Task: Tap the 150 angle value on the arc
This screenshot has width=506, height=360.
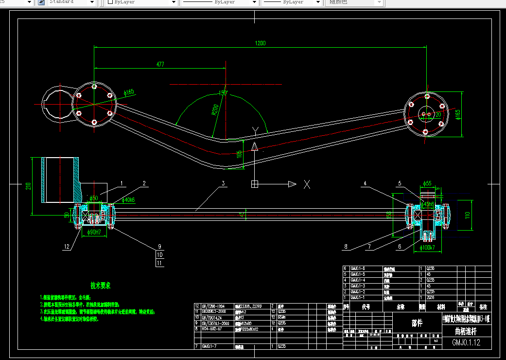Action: coord(223,92)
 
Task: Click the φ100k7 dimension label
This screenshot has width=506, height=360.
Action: coord(428,248)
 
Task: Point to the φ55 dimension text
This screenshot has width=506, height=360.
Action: coord(428,183)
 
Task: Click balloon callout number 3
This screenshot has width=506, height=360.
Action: coord(223,183)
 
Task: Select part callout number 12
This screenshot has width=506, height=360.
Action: coord(67,247)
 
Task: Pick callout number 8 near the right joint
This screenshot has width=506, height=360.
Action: coord(346,247)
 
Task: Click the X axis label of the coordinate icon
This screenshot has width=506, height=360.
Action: coord(307,184)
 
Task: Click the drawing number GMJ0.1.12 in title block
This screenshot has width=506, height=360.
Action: coord(466,342)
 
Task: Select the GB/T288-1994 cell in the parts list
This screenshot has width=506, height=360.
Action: coord(213,306)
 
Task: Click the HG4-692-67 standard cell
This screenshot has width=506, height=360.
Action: coord(212,329)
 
